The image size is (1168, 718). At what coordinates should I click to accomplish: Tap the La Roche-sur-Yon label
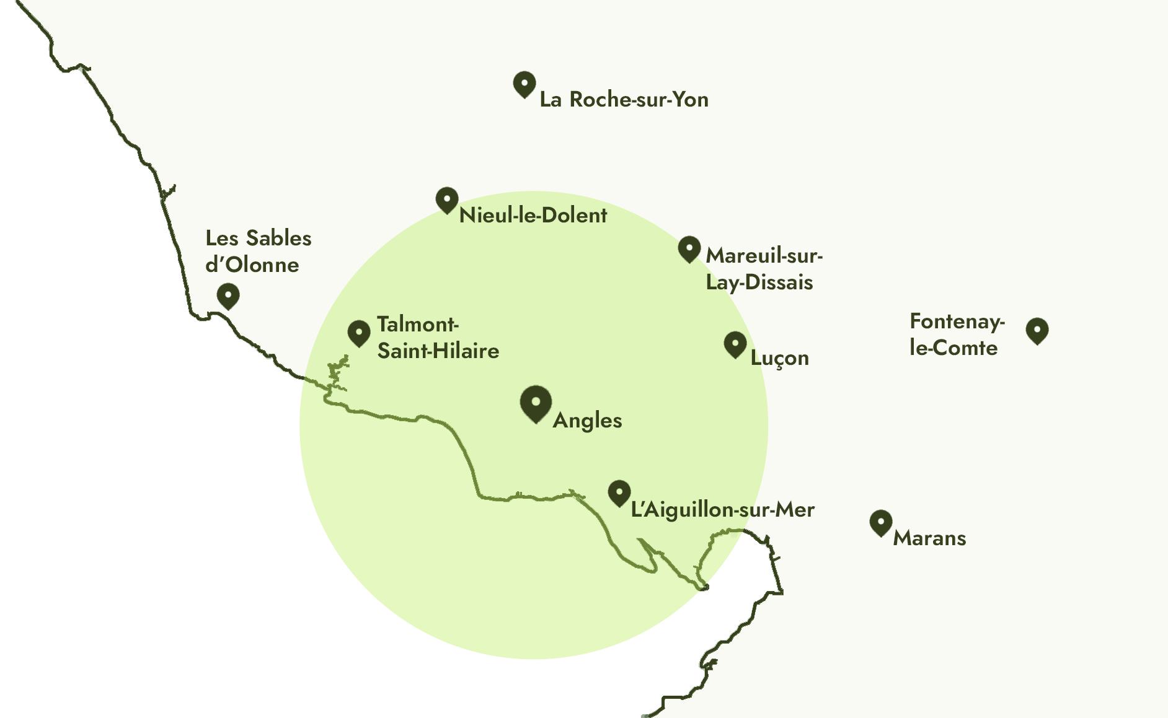624,100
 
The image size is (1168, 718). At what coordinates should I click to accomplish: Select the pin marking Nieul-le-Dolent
447,199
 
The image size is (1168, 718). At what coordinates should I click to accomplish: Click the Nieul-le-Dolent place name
533,216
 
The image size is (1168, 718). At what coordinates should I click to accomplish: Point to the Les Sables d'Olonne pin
228,296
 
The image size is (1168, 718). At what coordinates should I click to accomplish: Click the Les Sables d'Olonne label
258,252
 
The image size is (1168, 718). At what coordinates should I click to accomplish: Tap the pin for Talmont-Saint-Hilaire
359,333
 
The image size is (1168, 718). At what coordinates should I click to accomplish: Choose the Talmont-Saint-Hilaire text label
438,338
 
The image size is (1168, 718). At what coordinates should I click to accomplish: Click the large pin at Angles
536,403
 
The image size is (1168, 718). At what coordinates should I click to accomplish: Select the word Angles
587,421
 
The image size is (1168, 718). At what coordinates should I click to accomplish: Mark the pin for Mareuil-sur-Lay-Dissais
689,248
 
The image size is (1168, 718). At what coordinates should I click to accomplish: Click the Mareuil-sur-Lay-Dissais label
763,269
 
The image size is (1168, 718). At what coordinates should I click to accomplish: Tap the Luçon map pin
735,344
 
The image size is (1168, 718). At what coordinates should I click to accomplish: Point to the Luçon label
779,358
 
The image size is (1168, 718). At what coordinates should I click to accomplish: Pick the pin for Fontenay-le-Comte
1037,330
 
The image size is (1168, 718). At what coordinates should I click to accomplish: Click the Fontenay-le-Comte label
956,335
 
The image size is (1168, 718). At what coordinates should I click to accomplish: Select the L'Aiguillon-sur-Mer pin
619,493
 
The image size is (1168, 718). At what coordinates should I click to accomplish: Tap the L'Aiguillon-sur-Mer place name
722,510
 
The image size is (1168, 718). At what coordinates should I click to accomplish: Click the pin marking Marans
881,522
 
